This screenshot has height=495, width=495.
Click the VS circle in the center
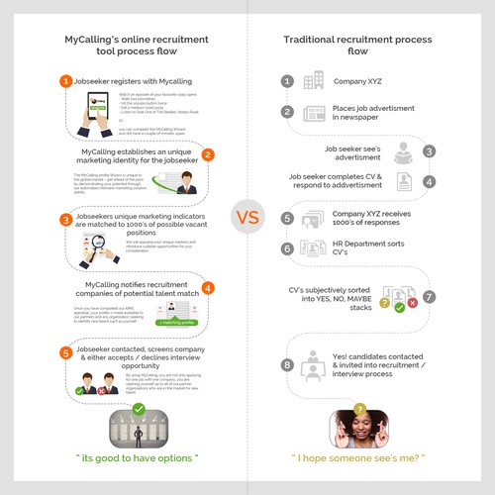point(247,215)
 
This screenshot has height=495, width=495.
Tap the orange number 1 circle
point(65,81)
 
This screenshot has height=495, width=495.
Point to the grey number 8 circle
point(287,364)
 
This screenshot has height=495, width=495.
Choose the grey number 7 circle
point(429,296)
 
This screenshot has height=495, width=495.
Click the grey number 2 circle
point(287,112)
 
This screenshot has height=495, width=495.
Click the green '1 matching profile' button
point(174,322)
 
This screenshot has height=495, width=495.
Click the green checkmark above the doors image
point(138,407)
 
